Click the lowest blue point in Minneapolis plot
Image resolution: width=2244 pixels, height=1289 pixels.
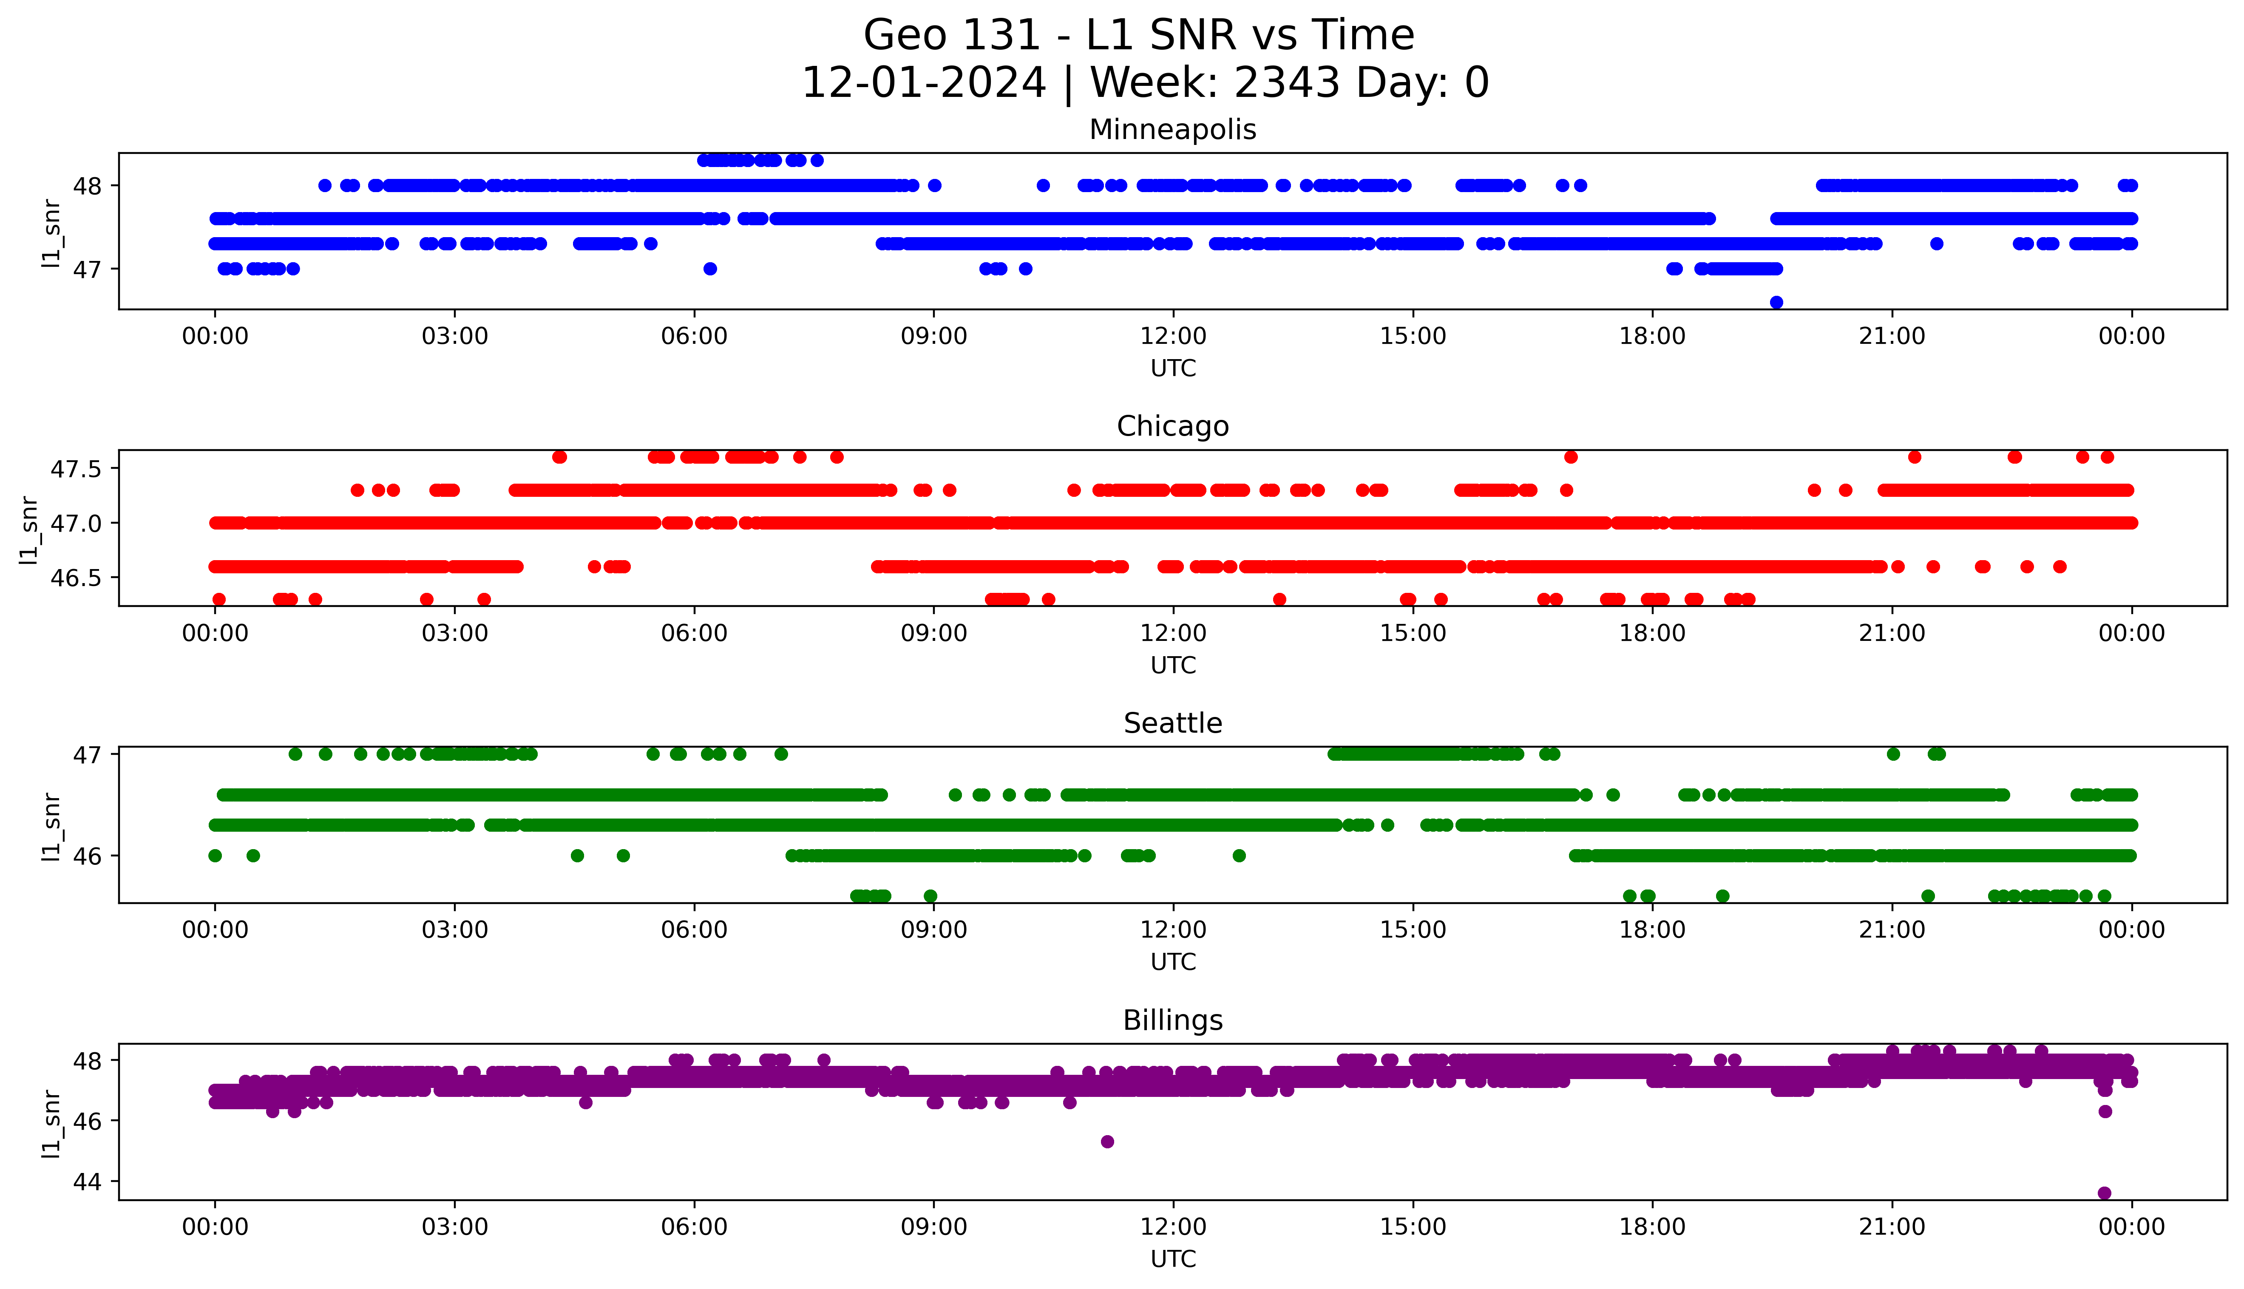point(1776,302)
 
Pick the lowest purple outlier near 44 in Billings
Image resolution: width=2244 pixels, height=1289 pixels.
point(2104,1193)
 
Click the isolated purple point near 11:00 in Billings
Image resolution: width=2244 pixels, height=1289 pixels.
point(1106,1141)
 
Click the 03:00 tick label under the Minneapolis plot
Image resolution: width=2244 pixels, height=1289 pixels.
point(455,337)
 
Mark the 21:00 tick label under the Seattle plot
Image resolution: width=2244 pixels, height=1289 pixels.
point(1892,930)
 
